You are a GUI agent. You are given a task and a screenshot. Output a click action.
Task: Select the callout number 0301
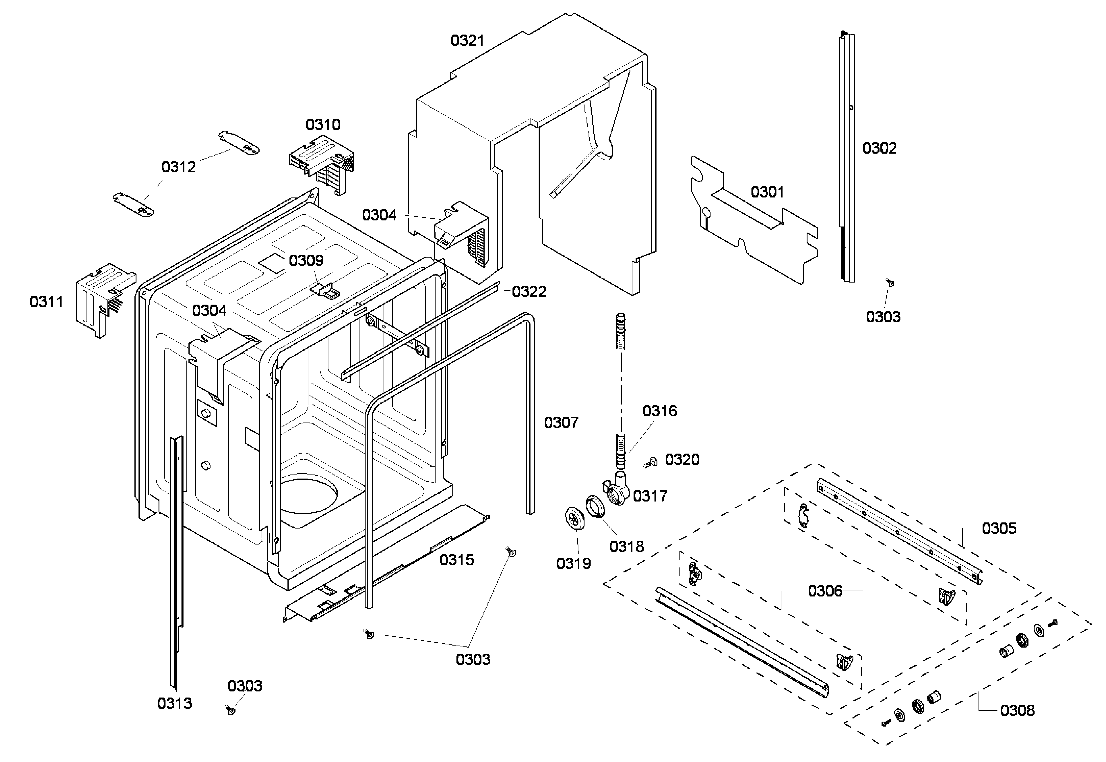tap(767, 192)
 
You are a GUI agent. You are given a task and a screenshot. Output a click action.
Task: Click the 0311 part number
tap(46, 302)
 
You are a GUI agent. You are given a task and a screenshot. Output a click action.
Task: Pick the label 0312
tap(178, 167)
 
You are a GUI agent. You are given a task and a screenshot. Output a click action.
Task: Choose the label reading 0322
tap(528, 292)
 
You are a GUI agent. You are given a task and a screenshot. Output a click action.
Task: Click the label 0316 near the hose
tap(659, 411)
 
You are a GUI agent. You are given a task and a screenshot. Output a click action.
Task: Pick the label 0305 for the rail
tap(999, 529)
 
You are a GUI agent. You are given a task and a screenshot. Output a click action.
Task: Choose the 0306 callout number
tap(825, 592)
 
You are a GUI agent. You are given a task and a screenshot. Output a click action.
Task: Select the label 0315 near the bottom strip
tap(456, 560)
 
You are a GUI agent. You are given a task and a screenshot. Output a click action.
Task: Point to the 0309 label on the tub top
tap(306, 261)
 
